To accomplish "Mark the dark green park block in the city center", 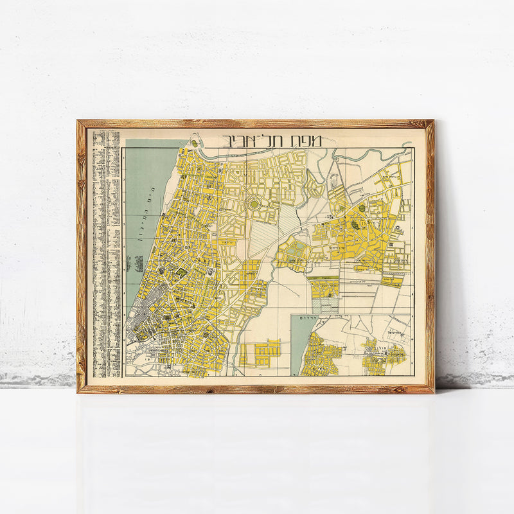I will tap(182, 273).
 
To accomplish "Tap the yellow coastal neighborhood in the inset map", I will tap(321, 353).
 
